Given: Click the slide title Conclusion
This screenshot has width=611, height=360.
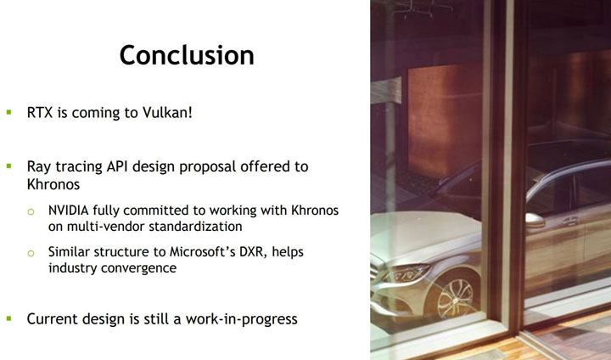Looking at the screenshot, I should point(187,55).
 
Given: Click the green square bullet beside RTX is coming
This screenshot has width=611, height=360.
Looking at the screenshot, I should point(9,112).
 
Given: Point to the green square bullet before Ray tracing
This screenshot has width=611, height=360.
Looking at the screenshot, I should point(9,166).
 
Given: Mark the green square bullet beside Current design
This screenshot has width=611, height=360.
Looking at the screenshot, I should point(9,319).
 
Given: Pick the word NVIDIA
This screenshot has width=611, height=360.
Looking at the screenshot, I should point(70,210).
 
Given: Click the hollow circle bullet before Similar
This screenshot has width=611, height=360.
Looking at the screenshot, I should point(31,253).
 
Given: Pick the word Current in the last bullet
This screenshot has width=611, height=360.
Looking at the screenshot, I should point(53,319).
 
